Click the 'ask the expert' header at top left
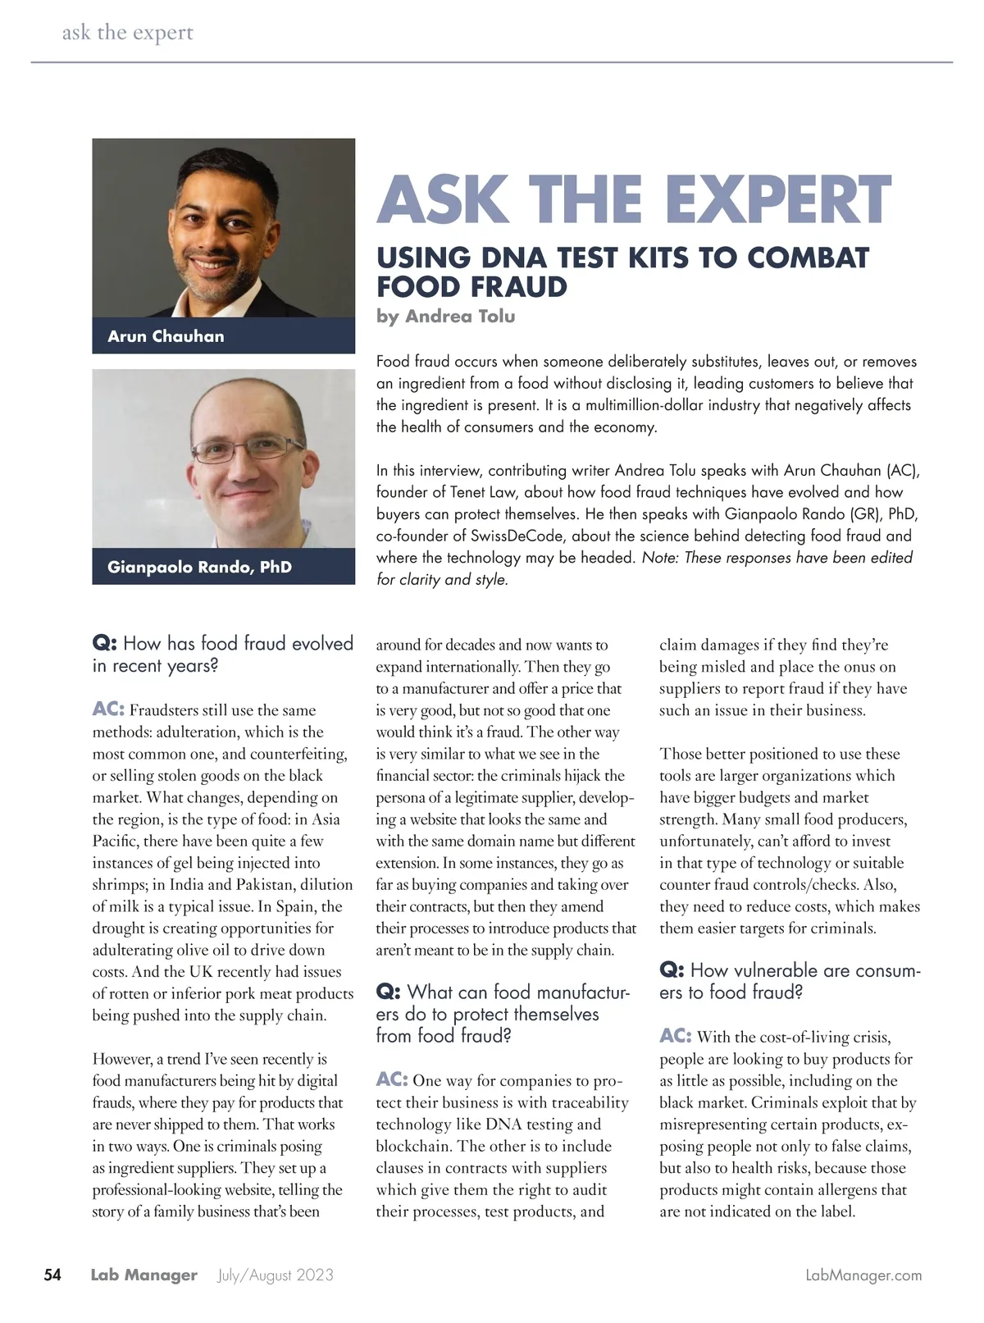[128, 33]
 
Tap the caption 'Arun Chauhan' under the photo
[166, 336]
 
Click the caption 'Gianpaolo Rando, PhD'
[199, 567]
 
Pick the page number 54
[52, 1275]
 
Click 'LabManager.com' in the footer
[863, 1275]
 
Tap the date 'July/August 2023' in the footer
[276, 1275]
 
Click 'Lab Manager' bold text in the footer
[144, 1275]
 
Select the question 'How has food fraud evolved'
[222, 654]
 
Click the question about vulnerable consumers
[790, 981]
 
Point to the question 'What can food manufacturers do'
[502, 1014]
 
